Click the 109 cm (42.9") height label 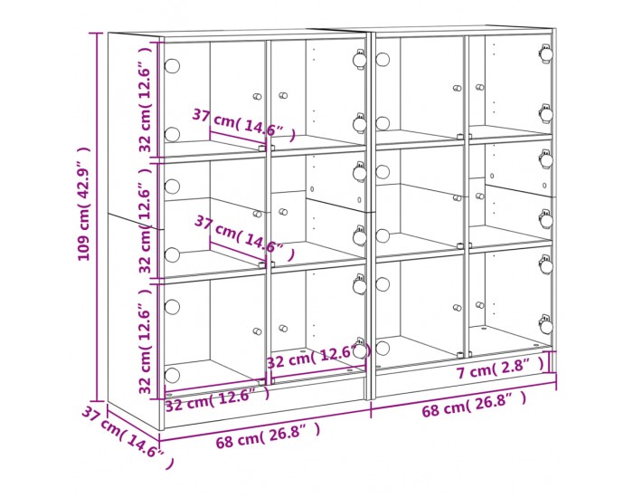click(x=84, y=204)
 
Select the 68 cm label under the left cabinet click(x=268, y=436)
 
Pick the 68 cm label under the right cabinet click(x=475, y=405)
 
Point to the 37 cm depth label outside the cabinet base click(x=128, y=437)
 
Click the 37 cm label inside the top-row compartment click(x=243, y=125)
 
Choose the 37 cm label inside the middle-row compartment click(x=244, y=237)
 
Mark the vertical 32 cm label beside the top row click(x=146, y=100)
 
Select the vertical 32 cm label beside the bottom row click(x=146, y=340)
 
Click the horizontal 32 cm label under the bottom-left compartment click(x=217, y=398)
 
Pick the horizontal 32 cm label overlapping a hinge click(x=318, y=357)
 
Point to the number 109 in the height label click(x=84, y=247)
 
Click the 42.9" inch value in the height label click(x=84, y=174)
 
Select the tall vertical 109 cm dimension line click(x=97, y=216)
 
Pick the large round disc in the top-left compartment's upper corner click(x=172, y=66)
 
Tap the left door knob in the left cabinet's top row click(x=257, y=97)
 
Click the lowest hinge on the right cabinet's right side click(x=546, y=324)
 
